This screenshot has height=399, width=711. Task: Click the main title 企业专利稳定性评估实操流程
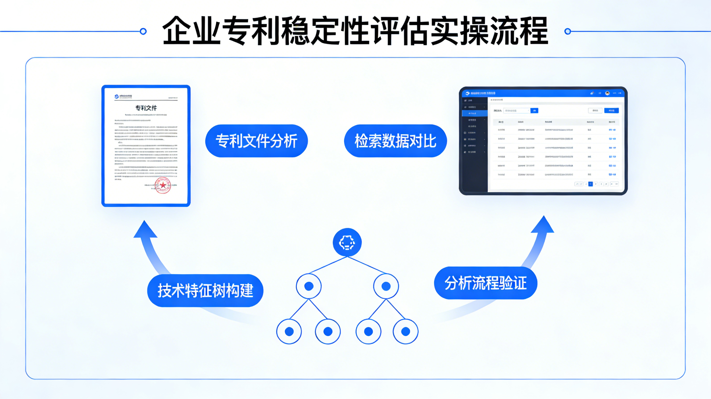[355, 31]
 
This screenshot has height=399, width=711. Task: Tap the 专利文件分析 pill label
[257, 141]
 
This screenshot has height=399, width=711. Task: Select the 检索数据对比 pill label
[395, 141]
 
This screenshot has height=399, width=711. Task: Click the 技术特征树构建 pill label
[205, 290]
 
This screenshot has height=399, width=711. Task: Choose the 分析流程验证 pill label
[485, 283]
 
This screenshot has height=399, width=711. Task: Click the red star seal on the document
[163, 185]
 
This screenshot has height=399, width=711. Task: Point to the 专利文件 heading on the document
[146, 108]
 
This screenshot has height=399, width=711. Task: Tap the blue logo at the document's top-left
[116, 96]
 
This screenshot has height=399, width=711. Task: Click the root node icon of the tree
[347, 243]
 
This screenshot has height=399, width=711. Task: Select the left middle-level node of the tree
[309, 286]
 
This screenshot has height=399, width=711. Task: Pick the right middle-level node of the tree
[386, 286]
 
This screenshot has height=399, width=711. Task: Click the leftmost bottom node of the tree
[289, 331]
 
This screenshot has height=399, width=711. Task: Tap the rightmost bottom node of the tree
[406, 331]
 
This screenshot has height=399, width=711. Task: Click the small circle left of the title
[143, 31]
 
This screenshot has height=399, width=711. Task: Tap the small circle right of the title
[568, 31]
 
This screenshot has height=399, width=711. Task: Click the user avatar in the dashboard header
[607, 93]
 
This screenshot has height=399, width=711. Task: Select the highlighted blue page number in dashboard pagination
[590, 184]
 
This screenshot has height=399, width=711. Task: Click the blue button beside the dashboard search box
[534, 110]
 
